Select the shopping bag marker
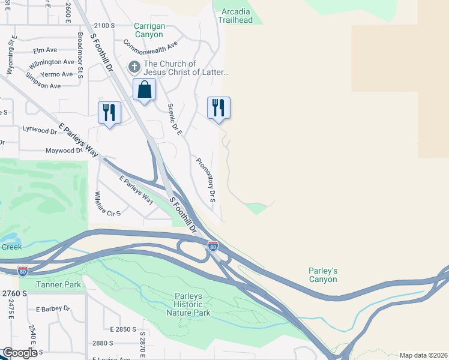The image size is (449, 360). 144,91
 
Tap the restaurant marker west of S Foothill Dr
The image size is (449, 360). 109,112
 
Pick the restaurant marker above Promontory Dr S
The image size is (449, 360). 218,108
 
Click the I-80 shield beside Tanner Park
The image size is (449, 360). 23,271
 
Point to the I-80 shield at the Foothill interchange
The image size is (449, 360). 212,245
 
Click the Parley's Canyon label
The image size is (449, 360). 323,275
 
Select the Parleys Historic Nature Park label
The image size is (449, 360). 193,304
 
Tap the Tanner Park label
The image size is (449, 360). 58,284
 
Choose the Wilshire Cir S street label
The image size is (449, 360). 107,204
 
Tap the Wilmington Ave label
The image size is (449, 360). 52,62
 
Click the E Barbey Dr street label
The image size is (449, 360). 53,309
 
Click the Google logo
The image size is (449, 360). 19,353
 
